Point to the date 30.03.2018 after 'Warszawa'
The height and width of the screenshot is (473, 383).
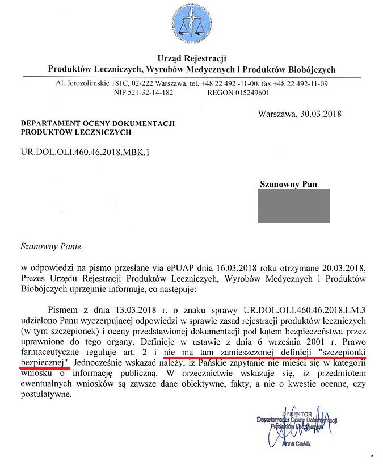(x=319, y=113)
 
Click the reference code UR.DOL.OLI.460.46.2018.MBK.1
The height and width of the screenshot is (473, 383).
(x=87, y=153)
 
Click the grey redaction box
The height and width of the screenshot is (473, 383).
(x=293, y=206)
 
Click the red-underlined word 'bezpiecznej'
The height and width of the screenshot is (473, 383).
(x=43, y=361)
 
